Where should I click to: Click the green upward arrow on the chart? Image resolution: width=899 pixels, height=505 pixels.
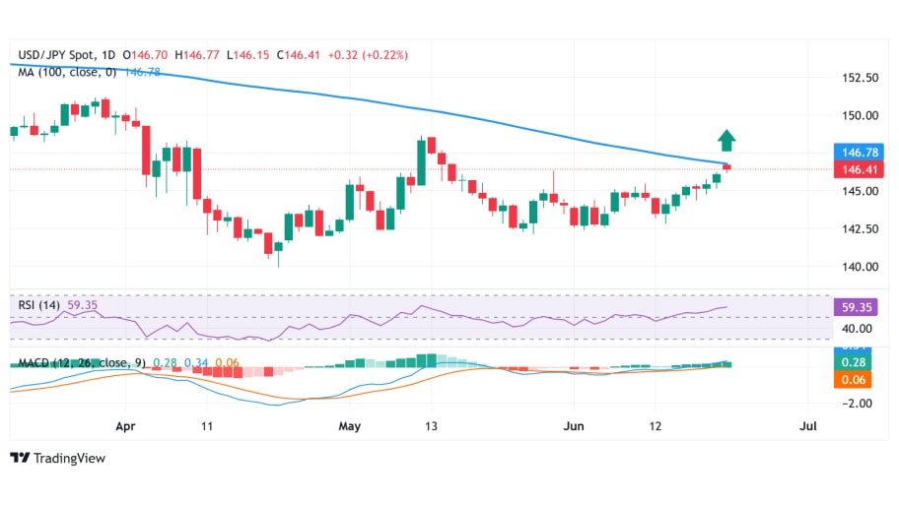point(726,141)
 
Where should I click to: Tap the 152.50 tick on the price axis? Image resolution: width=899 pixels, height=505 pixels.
point(854,77)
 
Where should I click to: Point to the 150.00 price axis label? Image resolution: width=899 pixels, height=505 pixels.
point(854,115)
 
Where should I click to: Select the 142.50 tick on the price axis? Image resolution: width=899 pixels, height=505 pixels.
point(854,228)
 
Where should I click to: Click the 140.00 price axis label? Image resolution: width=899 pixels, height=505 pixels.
point(854,266)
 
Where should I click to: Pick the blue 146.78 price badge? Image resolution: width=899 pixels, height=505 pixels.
point(853,153)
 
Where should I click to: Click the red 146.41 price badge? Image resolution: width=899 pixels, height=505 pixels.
point(853,170)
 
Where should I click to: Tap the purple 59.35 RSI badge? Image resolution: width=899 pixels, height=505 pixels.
point(853,306)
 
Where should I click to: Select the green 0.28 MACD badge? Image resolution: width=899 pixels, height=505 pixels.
point(853,362)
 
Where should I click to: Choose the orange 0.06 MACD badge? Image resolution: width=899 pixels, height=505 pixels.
point(853,379)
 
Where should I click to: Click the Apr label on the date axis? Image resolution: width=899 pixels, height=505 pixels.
point(124,426)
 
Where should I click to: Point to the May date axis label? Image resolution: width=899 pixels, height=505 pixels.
point(350,426)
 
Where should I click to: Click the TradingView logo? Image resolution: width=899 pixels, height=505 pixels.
point(57,458)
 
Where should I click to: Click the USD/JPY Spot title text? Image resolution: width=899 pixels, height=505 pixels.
point(58,54)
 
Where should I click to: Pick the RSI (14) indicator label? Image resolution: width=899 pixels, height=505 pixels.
point(39,305)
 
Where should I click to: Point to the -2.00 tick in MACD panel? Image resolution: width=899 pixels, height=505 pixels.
point(854,403)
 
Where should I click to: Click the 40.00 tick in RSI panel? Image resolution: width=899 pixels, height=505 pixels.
point(854,329)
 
